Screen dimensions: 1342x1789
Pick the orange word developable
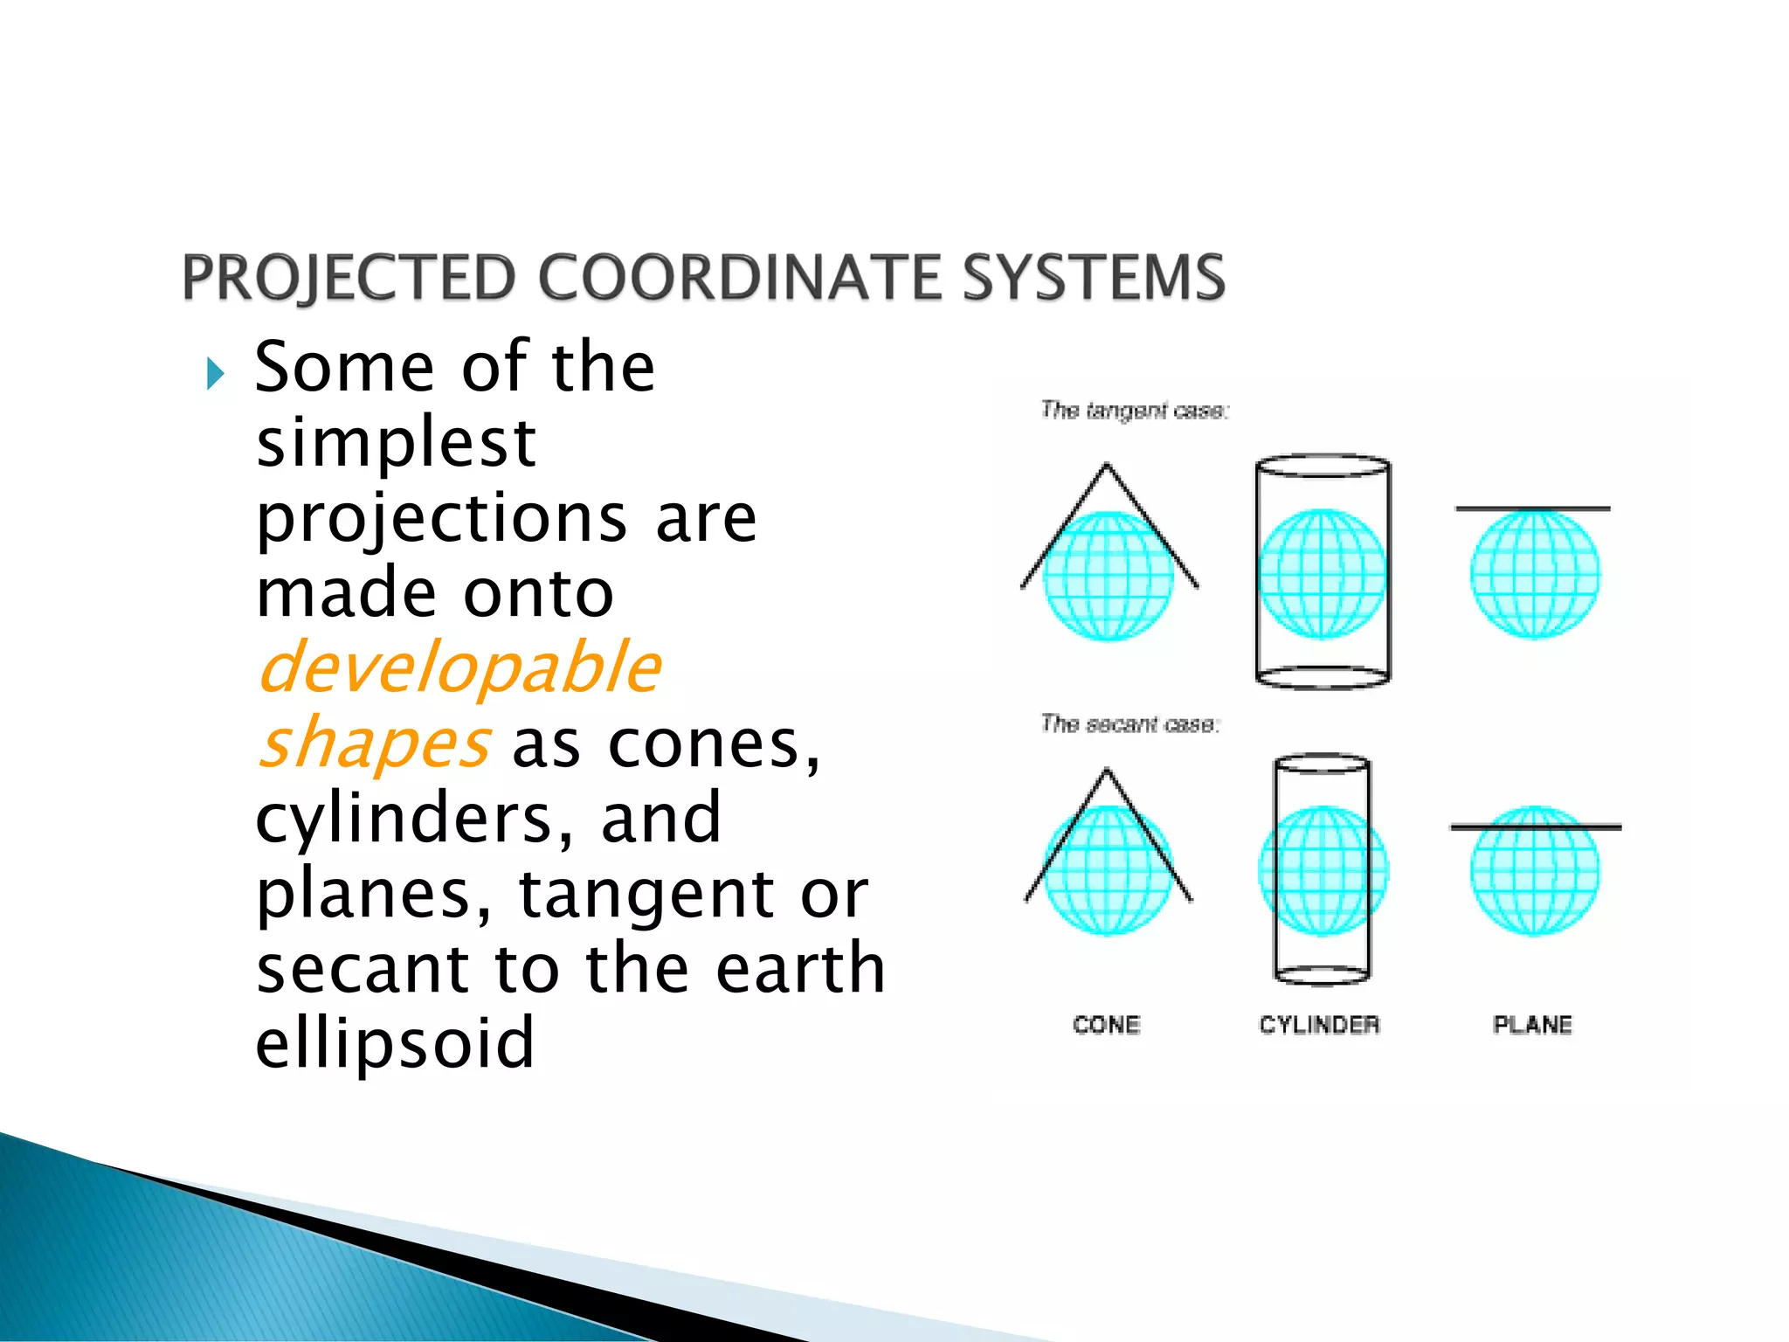coord(459,668)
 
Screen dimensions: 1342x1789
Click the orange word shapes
coord(374,744)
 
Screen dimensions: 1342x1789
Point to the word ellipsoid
coord(395,1043)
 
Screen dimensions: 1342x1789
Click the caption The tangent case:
coord(1135,411)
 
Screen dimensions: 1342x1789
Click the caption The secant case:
coord(1129,724)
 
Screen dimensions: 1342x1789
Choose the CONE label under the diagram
coord(1107,1025)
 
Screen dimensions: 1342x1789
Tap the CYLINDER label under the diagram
coord(1319,1025)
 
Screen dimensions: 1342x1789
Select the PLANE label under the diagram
coord(1532,1025)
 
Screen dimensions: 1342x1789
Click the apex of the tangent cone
coord(1107,466)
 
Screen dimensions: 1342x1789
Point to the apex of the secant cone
coord(1107,771)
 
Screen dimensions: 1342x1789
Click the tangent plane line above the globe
coord(1532,508)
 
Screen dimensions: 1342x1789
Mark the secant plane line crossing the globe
coord(1535,827)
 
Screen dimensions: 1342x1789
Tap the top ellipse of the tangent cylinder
coord(1323,465)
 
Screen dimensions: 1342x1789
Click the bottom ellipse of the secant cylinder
coord(1322,975)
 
